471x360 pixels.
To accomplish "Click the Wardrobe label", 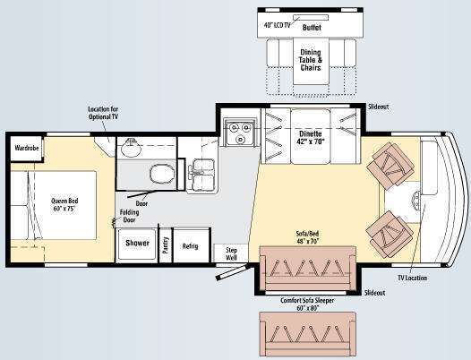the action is point(27,148).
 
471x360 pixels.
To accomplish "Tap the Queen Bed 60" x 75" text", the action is point(64,205).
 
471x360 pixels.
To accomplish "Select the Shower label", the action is point(137,243).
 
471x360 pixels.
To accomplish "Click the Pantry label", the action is point(166,245).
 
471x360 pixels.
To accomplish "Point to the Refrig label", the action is point(191,246).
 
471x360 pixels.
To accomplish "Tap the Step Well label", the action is point(231,254).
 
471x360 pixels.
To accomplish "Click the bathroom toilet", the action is point(162,174).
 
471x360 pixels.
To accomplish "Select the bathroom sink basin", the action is point(132,148).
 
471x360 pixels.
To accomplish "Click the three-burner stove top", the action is point(240,133).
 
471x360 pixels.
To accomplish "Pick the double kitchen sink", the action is point(201,176).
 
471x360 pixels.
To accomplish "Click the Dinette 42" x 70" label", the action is point(311,137).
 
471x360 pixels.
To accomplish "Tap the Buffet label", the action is point(312,28).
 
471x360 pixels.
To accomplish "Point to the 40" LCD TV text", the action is point(278,25).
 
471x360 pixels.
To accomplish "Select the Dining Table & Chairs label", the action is point(311,60).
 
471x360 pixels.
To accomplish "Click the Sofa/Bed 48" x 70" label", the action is point(307,237).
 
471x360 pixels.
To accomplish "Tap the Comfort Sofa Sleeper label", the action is point(307,304).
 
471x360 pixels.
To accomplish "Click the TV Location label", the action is point(413,278).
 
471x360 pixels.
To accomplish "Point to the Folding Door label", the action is point(130,216).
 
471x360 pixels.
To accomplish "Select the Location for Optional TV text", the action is point(103,113).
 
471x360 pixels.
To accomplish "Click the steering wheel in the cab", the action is point(416,201).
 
